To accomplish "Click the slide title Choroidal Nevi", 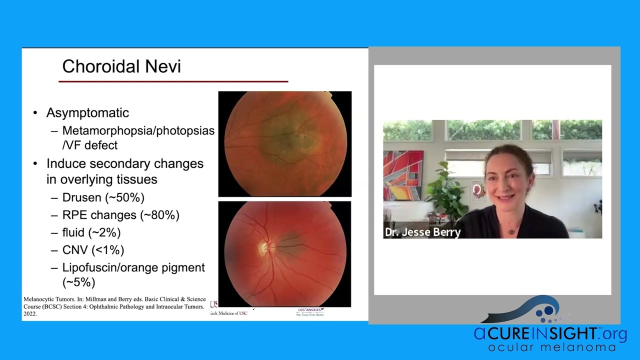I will [x=121, y=66].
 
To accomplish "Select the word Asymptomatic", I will [x=87, y=113].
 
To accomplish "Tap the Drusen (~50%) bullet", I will [x=103, y=197].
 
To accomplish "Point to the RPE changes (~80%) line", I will [x=120, y=215].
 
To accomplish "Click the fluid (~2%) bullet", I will [x=91, y=232].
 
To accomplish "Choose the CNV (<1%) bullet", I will [x=93, y=250].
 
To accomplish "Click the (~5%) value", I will [x=78, y=282].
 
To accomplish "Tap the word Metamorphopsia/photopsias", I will [x=138, y=131].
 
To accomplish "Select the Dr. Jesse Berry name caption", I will [x=422, y=232].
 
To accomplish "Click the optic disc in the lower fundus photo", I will [x=263, y=247].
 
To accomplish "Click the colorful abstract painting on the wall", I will [x=403, y=175].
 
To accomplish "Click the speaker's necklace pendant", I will [x=511, y=231].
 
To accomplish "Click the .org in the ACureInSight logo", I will [x=613, y=333].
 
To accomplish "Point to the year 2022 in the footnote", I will [x=30, y=314].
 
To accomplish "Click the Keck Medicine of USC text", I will [x=229, y=313].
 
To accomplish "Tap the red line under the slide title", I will [x=173, y=81].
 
